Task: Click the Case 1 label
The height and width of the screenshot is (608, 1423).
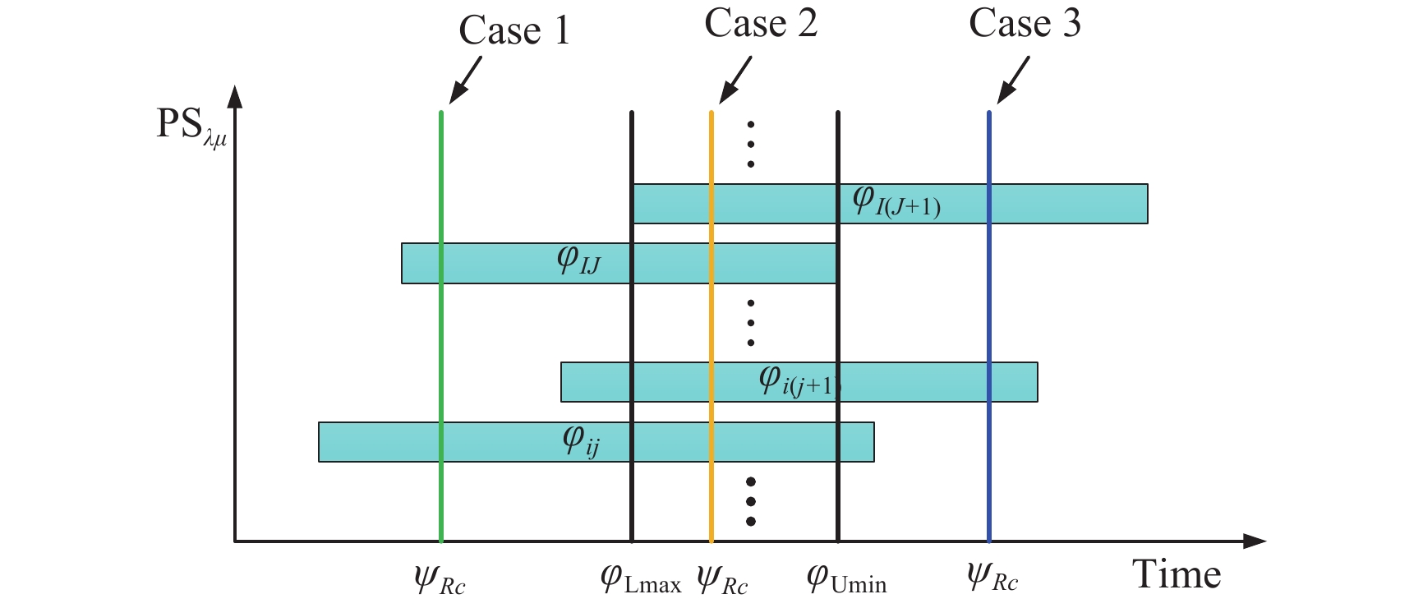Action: (x=514, y=31)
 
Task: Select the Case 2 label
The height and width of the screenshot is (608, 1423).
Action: (x=761, y=24)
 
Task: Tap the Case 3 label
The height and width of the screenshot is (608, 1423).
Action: (x=1025, y=24)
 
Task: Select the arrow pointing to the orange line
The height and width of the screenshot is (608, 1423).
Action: (x=735, y=80)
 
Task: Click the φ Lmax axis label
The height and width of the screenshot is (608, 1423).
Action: (x=641, y=579)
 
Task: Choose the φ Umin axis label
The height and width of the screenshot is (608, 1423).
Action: (x=846, y=579)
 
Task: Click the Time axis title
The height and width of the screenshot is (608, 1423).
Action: (x=1176, y=574)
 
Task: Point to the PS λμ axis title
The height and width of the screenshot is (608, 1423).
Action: (x=191, y=127)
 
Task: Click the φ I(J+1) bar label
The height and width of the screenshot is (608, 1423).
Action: (x=896, y=201)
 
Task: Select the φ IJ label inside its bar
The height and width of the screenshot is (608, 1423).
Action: (x=578, y=260)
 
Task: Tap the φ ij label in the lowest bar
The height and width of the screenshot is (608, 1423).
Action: (x=581, y=441)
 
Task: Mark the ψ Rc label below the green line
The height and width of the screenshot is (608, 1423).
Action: (x=440, y=580)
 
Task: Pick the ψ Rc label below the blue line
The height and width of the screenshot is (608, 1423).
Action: (x=992, y=578)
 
